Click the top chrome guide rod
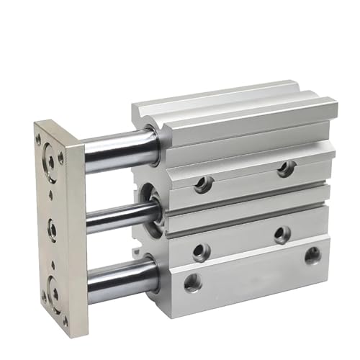[119, 150]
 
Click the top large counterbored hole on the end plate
[50, 161]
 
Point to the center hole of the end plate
[53, 230]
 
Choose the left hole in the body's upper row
[203, 184]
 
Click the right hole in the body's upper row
[286, 168]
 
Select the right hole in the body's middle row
[282, 234]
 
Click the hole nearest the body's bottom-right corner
[312, 255]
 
